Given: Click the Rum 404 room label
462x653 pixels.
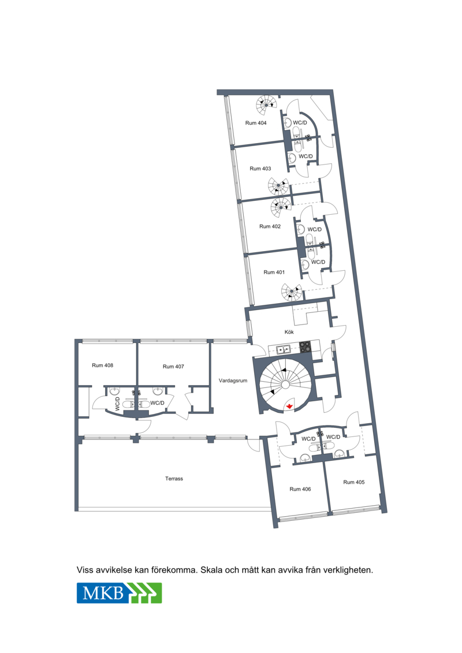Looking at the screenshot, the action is click(x=256, y=123).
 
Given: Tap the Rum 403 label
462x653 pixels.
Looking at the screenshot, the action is click(x=260, y=169).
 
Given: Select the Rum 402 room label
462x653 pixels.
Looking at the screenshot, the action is click(x=270, y=226).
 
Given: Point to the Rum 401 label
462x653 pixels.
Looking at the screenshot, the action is click(x=274, y=273).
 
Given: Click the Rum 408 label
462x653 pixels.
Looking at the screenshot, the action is click(x=102, y=365).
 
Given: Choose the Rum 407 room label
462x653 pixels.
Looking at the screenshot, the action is click(x=173, y=367).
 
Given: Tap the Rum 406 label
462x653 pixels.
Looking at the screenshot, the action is click(x=300, y=490).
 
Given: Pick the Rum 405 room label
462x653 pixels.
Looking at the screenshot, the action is click(x=353, y=482).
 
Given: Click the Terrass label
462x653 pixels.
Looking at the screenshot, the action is click(x=174, y=479).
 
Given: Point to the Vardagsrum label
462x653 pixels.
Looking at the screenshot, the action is click(x=233, y=380).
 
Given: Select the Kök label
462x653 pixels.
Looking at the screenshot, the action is click(x=289, y=332).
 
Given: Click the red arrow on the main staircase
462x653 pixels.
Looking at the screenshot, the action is click(x=289, y=406).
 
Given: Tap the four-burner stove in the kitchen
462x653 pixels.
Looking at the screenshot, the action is click(x=305, y=347).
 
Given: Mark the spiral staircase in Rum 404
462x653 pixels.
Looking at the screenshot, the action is click(x=266, y=105).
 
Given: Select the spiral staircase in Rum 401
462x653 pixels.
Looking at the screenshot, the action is click(x=291, y=292).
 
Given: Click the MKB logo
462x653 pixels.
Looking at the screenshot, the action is click(x=119, y=592).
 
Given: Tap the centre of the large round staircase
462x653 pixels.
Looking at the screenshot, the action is click(x=285, y=385).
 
